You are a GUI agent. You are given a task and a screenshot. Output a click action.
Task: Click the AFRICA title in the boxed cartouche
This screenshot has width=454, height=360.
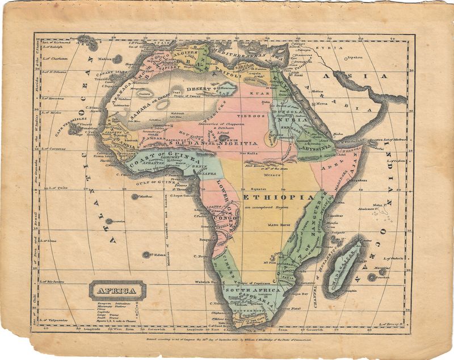tap(117, 291)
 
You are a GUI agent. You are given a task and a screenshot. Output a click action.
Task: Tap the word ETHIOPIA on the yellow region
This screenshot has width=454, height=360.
tap(279, 196)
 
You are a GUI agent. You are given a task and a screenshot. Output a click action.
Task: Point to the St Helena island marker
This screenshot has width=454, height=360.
tap(146, 255)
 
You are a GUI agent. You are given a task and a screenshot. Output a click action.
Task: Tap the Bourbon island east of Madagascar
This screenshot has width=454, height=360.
tap(372, 278)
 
